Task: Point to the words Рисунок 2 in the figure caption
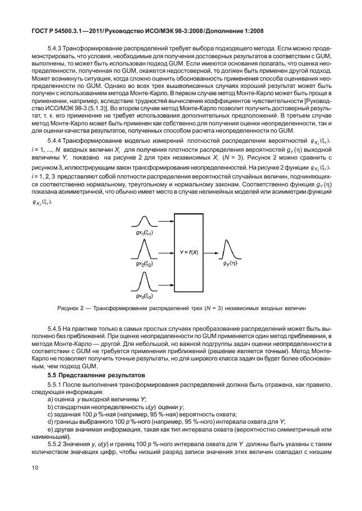[x=71, y=308]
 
